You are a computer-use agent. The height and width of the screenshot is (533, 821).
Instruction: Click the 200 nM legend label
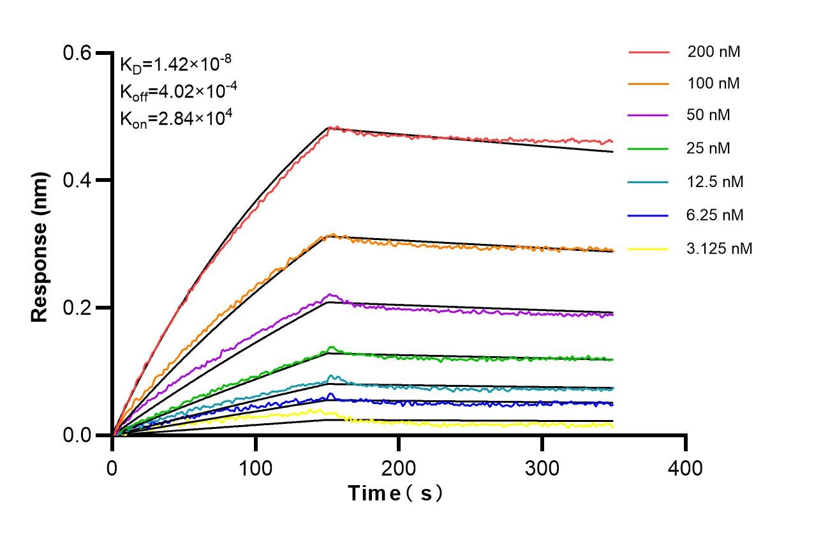714,52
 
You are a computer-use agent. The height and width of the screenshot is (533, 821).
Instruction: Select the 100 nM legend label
714,84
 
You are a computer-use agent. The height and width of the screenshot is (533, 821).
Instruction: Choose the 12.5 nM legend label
715,182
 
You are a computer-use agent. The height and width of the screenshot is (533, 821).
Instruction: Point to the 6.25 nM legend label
715,215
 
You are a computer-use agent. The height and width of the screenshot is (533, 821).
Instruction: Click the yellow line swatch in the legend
648,249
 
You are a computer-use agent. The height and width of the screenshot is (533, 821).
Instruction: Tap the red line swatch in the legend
648,52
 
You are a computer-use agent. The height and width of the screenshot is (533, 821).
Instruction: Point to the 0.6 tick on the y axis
77,52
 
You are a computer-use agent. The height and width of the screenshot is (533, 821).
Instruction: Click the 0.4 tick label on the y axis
77,180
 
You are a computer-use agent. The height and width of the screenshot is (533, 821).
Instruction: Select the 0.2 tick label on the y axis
77,308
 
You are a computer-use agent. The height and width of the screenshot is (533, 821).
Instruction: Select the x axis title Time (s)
395,493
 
